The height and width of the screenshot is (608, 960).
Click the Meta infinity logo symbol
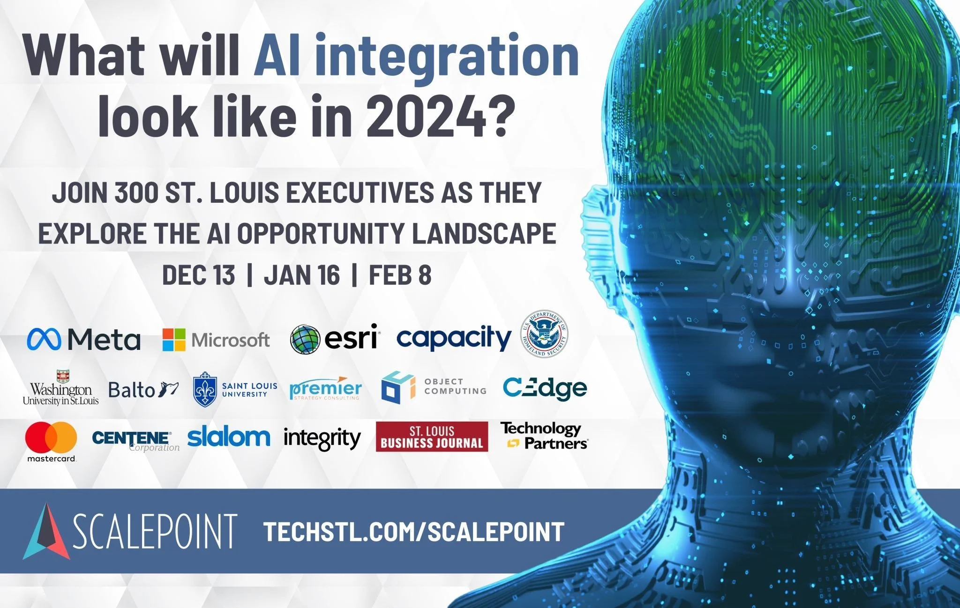coord(44,339)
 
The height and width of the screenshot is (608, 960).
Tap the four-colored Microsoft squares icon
coord(174,340)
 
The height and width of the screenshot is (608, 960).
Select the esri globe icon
coord(305,340)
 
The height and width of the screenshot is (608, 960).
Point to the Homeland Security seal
coord(545,334)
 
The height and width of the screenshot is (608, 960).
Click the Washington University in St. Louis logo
coord(61,389)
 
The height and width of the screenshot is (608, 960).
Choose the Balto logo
coord(143,389)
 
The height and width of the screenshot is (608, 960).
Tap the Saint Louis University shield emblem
coord(205,389)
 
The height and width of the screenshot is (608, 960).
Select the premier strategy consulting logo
coord(325,388)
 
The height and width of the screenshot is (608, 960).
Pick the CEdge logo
coord(545,388)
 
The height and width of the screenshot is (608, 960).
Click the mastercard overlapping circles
coord(51,437)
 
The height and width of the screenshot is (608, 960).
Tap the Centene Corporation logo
coord(135,440)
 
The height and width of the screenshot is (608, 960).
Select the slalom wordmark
coord(228,437)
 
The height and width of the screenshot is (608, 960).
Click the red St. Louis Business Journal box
coord(432,437)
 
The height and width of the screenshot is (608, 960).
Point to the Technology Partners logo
coord(543,436)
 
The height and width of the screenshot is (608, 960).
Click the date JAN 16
coord(301,275)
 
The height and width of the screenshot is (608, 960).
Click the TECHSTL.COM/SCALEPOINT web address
coord(413,532)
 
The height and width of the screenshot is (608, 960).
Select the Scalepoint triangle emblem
coord(46,532)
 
